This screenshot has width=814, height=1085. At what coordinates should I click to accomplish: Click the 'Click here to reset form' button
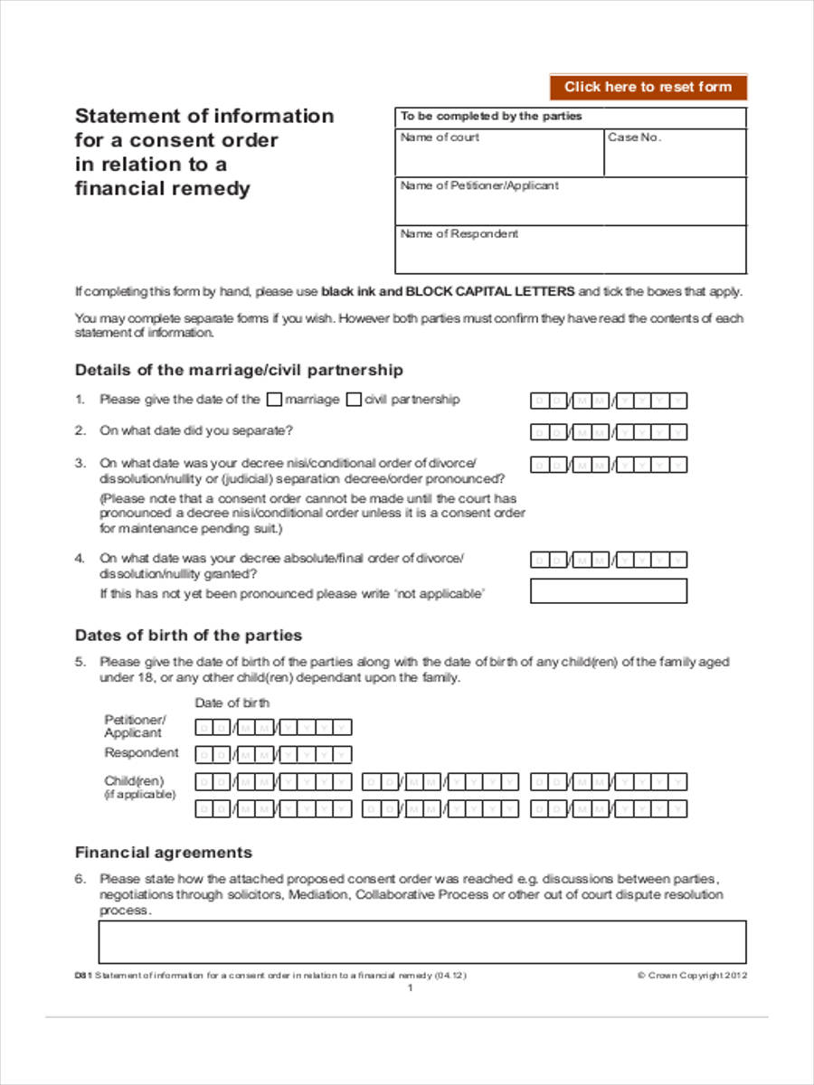click(x=648, y=87)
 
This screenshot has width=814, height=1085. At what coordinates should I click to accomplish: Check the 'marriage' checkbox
click(x=276, y=400)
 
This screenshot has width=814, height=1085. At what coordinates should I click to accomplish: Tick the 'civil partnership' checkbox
click(x=355, y=400)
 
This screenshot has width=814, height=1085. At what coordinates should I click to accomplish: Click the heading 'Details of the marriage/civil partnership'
click(x=239, y=370)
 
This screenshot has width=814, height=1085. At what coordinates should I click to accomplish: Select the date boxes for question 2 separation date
click(x=608, y=432)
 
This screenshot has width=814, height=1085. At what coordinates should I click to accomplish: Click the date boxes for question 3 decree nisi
click(x=608, y=465)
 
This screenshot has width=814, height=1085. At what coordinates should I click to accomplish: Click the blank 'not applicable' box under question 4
click(x=608, y=591)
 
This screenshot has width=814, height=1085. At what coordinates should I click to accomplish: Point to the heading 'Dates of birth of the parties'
click(x=188, y=635)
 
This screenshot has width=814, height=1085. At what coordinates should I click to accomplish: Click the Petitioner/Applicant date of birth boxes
click(x=273, y=727)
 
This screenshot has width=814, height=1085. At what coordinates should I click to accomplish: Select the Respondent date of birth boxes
click(x=273, y=755)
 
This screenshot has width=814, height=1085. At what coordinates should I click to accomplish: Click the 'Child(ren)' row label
click(x=134, y=781)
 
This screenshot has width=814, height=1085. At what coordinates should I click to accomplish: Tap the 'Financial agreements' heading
click(x=163, y=853)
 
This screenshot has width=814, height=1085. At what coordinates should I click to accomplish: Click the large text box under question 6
click(x=421, y=941)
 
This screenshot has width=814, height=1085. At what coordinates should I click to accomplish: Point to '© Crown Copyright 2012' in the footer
click(x=692, y=976)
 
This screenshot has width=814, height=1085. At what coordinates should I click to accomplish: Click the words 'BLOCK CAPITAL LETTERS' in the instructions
click(x=489, y=291)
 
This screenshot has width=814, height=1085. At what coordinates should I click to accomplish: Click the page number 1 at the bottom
click(x=410, y=988)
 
